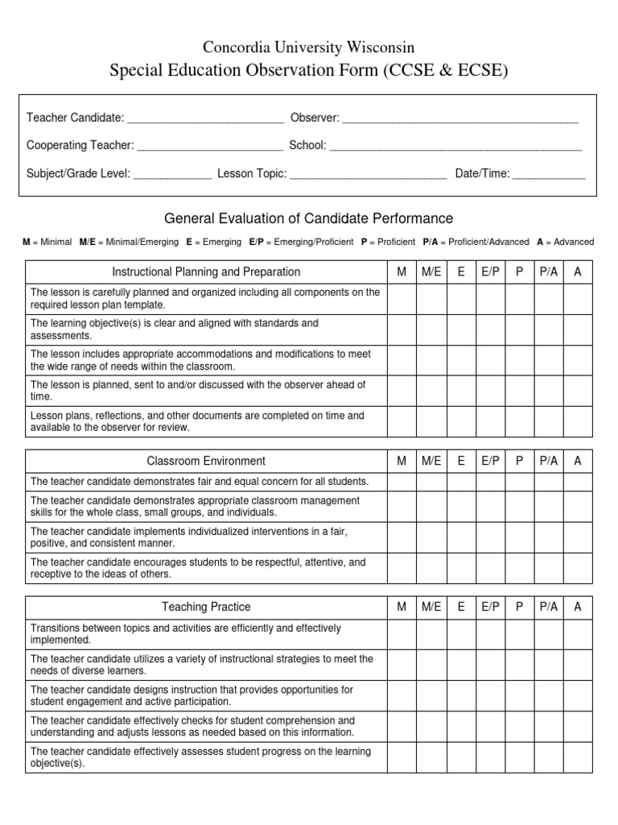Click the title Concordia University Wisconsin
tap(309, 48)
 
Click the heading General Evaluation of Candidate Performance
tap(309, 218)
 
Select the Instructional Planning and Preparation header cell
tap(206, 272)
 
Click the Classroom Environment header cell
tap(206, 462)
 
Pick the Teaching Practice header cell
tap(206, 607)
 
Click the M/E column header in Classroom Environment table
tap(431, 462)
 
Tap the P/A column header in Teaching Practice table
tap(548, 607)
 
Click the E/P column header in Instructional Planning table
tap(490, 272)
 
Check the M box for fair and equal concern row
tap(402, 482)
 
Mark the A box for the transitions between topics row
tap(577, 634)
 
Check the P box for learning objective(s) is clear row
tap(519, 330)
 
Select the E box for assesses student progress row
tap(460, 757)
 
